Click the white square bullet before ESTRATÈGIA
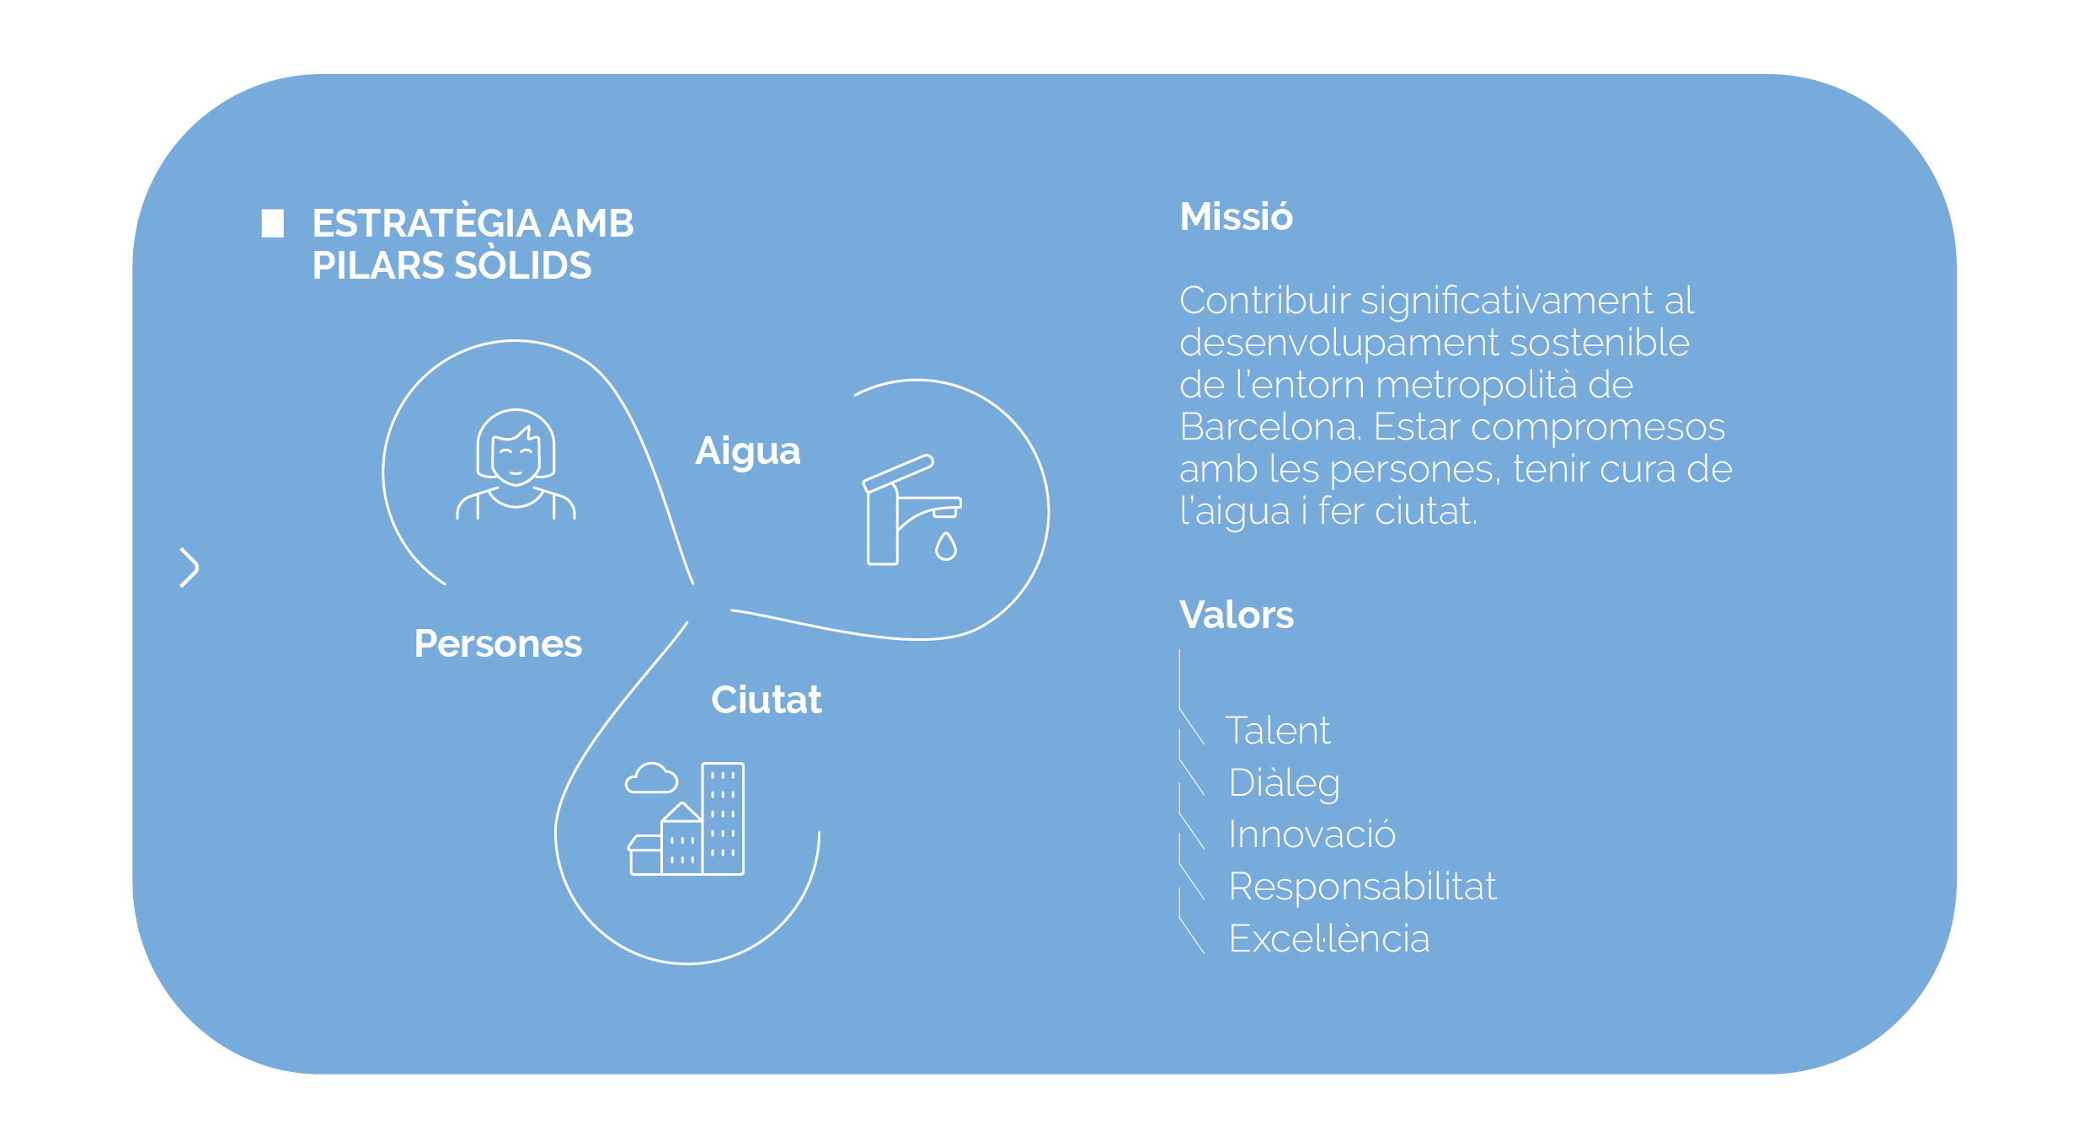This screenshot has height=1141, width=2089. pyautogui.click(x=272, y=223)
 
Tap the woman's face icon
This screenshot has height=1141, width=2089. pyautogui.click(x=516, y=464)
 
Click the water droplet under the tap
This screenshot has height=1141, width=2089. pyautogui.click(x=946, y=547)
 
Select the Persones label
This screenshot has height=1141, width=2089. pyautogui.click(x=498, y=644)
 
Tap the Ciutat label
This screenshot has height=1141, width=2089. pyautogui.click(x=767, y=700)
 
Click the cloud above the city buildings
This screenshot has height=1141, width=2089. pyautogui.click(x=651, y=778)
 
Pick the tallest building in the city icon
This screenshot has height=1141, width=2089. pyautogui.click(x=723, y=818)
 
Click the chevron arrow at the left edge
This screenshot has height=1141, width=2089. pyautogui.click(x=190, y=568)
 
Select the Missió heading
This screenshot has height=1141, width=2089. pyautogui.click(x=1236, y=216)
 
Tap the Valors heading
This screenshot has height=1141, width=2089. pyautogui.click(x=1237, y=615)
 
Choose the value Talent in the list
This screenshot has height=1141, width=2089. pyautogui.click(x=1278, y=730)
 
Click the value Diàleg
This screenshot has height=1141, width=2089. pyautogui.click(x=1285, y=783)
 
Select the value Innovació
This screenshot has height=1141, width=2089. pyautogui.click(x=1312, y=834)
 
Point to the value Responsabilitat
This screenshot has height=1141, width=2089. pyautogui.click(x=1363, y=886)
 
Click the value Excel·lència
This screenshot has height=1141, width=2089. pyautogui.click(x=1329, y=938)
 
